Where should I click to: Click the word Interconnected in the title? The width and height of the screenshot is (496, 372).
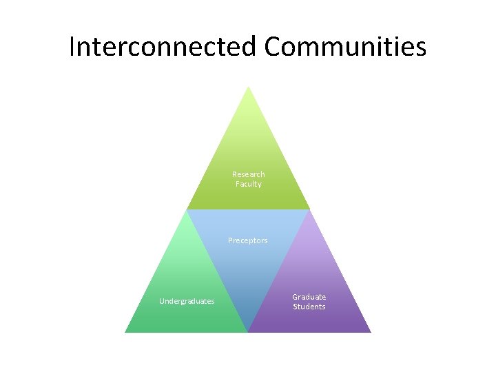[x=163, y=47]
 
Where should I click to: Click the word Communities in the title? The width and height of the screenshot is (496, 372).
[x=345, y=47]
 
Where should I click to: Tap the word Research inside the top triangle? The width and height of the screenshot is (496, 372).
[x=248, y=174]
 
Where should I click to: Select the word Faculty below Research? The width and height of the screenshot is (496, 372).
[x=248, y=184]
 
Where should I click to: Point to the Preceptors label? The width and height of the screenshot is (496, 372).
[x=248, y=240]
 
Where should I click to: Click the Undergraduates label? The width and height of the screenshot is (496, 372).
[x=187, y=301]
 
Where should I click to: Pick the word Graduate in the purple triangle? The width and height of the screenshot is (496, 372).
[x=309, y=297]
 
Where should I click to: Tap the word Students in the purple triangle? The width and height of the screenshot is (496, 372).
[x=309, y=307]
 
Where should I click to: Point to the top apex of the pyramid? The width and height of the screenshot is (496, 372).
[x=248, y=87]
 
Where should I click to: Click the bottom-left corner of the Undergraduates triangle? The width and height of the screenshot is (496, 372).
[x=126, y=331]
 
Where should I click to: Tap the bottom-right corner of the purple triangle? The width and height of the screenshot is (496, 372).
[x=369, y=331]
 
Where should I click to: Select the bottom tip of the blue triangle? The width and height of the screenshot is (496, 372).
[x=248, y=331]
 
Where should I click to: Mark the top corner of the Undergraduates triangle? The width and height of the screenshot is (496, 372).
[x=187, y=211]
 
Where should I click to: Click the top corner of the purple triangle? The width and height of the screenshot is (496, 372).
[x=309, y=211]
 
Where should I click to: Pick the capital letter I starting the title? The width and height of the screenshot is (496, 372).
[x=72, y=47]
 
